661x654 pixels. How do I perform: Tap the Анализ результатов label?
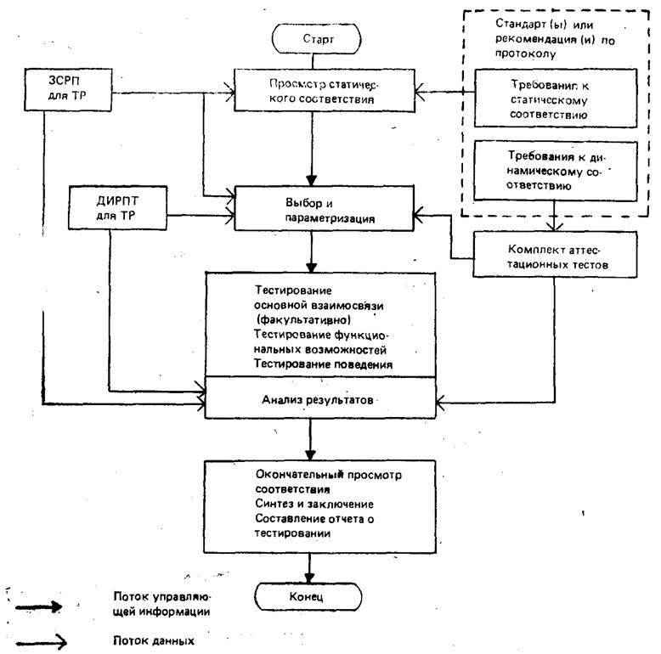click(313, 397)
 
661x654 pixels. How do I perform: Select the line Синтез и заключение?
click(301, 504)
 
